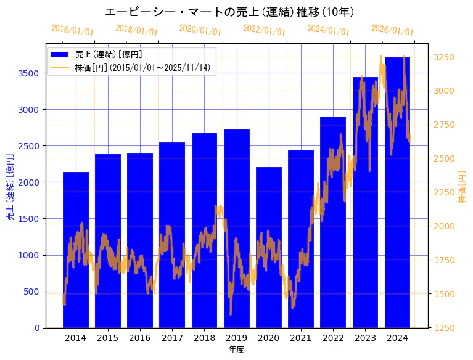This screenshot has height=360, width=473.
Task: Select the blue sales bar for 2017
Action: [172, 235]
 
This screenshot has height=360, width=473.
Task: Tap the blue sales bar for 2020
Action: [269, 247]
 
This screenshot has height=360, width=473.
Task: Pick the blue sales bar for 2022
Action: [333, 222]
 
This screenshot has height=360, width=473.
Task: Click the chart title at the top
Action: [229, 12]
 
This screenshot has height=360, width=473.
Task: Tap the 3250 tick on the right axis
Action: [445, 57]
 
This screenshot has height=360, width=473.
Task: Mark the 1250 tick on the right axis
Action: [445, 328]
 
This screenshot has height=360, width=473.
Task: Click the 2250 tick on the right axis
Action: [445, 192]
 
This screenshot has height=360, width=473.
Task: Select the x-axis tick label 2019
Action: [236, 338]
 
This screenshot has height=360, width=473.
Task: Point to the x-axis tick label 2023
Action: [365, 338]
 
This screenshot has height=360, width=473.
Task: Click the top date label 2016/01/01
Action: [72, 30]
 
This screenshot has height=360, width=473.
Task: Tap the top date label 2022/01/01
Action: [264, 30]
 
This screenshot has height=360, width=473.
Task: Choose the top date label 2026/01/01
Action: [392, 30]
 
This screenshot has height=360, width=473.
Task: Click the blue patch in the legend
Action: [59, 55]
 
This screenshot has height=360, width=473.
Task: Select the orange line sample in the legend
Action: [59, 67]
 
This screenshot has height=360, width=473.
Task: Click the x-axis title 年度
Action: [236, 350]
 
